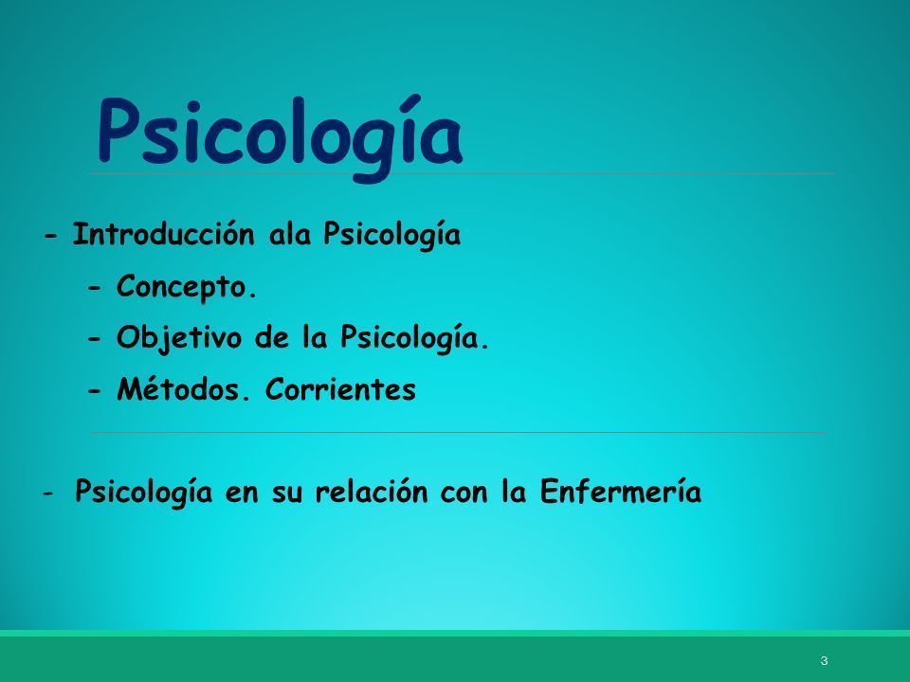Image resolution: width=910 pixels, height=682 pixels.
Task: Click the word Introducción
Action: [x=164, y=234]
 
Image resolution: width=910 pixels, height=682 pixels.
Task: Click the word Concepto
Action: [x=187, y=286]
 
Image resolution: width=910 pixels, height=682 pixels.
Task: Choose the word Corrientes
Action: [x=340, y=388]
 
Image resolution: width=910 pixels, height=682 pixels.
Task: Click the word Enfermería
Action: [x=620, y=492]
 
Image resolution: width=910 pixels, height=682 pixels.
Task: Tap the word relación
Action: [x=372, y=492]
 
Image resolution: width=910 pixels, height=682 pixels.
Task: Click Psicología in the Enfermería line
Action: [x=143, y=492]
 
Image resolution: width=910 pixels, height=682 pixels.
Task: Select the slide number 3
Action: [x=824, y=660]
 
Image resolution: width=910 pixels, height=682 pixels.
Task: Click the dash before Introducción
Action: [x=51, y=237]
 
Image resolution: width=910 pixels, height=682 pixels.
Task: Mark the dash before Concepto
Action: [x=95, y=288]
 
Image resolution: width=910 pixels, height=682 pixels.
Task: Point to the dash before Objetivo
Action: [x=95, y=339]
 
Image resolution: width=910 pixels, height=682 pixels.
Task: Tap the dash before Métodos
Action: [x=95, y=391]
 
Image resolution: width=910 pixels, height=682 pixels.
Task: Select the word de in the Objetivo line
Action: [x=272, y=337]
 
